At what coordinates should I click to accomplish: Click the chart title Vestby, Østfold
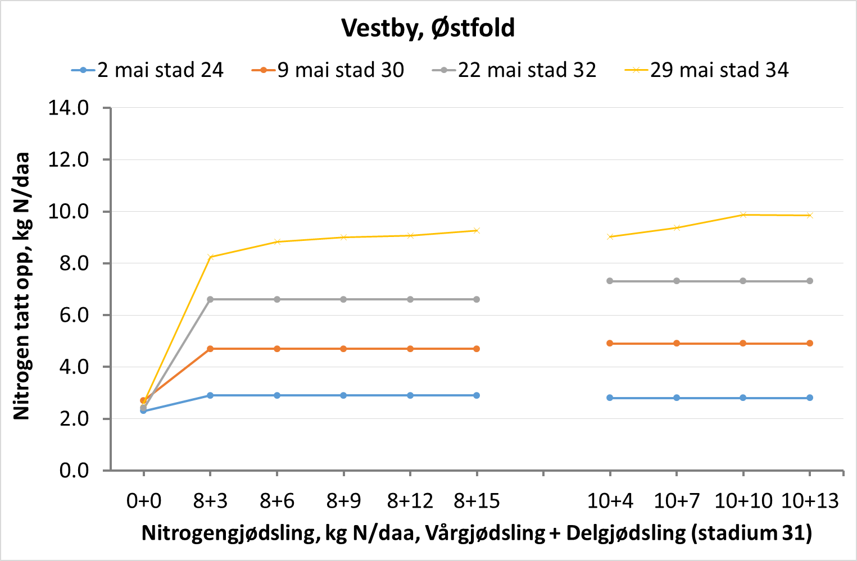(x=428, y=28)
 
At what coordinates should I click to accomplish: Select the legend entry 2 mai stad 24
(x=147, y=70)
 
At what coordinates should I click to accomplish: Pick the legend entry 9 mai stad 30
(x=328, y=70)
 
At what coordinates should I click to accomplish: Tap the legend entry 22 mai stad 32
(x=514, y=70)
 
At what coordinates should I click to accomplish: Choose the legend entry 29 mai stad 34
(x=707, y=70)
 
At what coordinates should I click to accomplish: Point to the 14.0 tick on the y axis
(x=69, y=108)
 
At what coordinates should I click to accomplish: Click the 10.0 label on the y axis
(x=69, y=212)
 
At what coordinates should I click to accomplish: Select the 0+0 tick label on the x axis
(x=143, y=500)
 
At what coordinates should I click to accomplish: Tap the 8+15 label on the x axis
(x=477, y=500)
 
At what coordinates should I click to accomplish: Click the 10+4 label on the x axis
(x=610, y=500)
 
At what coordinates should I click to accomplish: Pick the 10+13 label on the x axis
(x=810, y=500)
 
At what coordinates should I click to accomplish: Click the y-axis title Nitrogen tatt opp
(x=21, y=286)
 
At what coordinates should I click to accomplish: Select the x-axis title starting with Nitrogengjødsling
(x=477, y=533)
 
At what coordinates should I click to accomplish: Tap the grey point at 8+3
(x=210, y=299)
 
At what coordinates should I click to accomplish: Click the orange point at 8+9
(x=343, y=349)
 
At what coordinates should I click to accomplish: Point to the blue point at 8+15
(x=477, y=395)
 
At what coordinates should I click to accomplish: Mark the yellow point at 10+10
(x=743, y=215)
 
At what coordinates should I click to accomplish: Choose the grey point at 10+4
(x=610, y=281)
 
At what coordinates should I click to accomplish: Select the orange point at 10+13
(x=810, y=343)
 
